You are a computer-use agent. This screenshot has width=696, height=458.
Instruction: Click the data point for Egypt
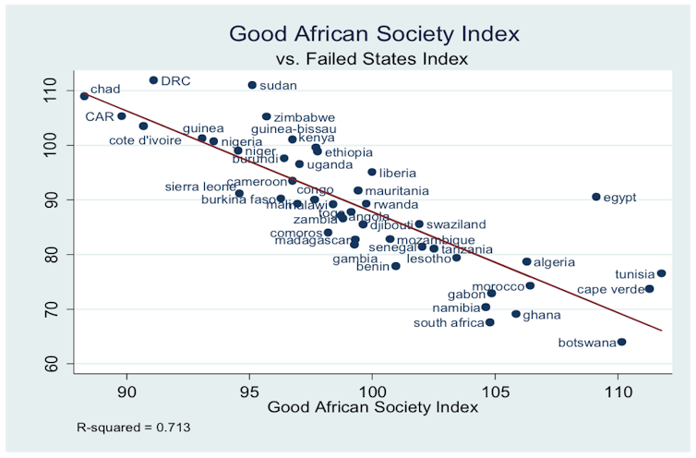596,197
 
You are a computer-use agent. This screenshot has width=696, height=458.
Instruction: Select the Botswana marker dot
621,343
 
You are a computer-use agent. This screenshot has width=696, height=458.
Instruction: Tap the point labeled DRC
153,80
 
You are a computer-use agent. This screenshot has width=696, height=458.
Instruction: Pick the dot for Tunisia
661,273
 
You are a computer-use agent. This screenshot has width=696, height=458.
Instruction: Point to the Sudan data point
252,85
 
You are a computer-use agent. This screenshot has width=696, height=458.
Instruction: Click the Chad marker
84,96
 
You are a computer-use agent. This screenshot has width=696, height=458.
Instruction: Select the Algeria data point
526,262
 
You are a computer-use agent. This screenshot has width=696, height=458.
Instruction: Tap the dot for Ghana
516,315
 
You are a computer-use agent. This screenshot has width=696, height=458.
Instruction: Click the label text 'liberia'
398,173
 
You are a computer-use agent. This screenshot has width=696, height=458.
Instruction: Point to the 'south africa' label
448,323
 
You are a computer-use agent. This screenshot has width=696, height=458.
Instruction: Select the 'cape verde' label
610,290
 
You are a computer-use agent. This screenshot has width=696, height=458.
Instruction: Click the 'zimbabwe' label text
305,118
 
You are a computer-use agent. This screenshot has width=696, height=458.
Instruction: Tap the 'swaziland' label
456,224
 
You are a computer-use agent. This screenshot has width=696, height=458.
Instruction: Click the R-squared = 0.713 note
134,428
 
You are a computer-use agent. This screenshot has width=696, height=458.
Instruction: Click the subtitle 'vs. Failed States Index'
373,59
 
